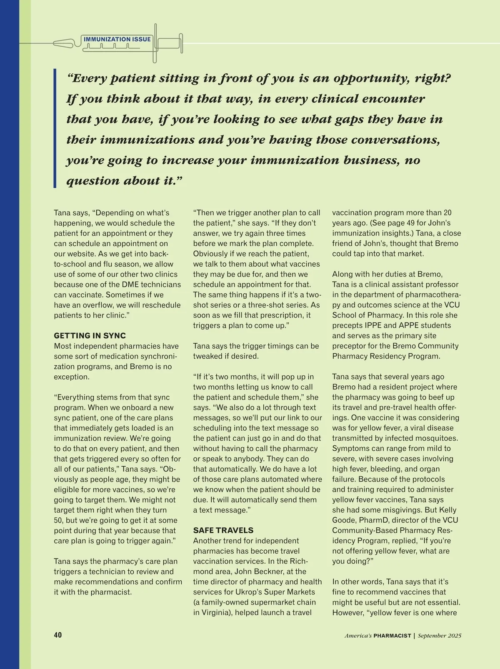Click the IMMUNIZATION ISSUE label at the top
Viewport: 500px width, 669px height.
click(117, 39)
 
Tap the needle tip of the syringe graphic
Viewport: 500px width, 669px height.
click(57, 43)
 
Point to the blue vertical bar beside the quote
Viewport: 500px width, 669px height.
click(55, 128)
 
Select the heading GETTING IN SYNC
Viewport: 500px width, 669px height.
click(90, 336)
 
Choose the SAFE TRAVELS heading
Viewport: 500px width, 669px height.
click(223, 530)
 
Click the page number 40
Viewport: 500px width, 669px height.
click(57, 635)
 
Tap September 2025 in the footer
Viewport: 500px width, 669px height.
click(440, 636)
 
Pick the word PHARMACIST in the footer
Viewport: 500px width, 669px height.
click(392, 636)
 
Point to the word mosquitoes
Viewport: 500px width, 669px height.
click(437, 438)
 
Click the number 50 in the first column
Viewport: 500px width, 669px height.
click(58, 520)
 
